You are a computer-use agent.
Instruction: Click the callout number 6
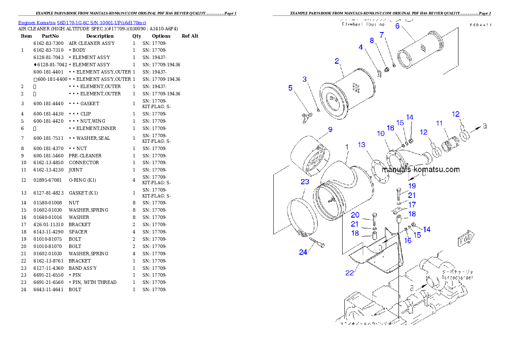(x=397, y=26)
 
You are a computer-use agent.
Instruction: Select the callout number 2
(x=337, y=61)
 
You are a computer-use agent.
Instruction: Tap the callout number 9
(x=330, y=129)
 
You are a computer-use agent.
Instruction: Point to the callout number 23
(x=305, y=182)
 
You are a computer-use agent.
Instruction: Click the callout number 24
(x=303, y=252)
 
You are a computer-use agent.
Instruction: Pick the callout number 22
(x=349, y=273)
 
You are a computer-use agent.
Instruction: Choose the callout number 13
(x=361, y=145)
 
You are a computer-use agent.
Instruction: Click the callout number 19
(x=412, y=186)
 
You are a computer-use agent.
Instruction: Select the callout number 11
(x=439, y=123)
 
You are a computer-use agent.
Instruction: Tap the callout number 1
(x=347, y=147)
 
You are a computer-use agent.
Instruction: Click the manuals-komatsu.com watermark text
(x=420, y=169)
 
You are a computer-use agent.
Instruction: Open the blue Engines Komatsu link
(x=82, y=23)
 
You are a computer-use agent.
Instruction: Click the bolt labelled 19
(x=399, y=195)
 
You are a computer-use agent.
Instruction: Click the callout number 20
(x=355, y=215)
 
